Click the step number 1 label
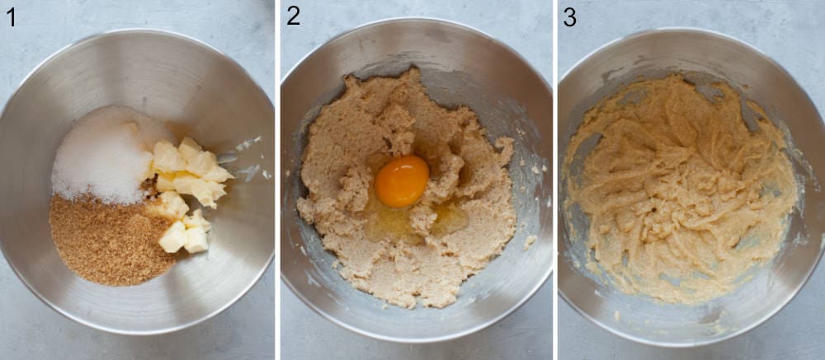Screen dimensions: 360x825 click(x=11, y=16)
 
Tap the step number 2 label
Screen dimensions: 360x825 click(x=293, y=16)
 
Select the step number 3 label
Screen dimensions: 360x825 click(x=569, y=16)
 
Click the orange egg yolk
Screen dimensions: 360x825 click(x=402, y=181)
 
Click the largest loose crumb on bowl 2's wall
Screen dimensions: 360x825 click(x=530, y=241)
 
